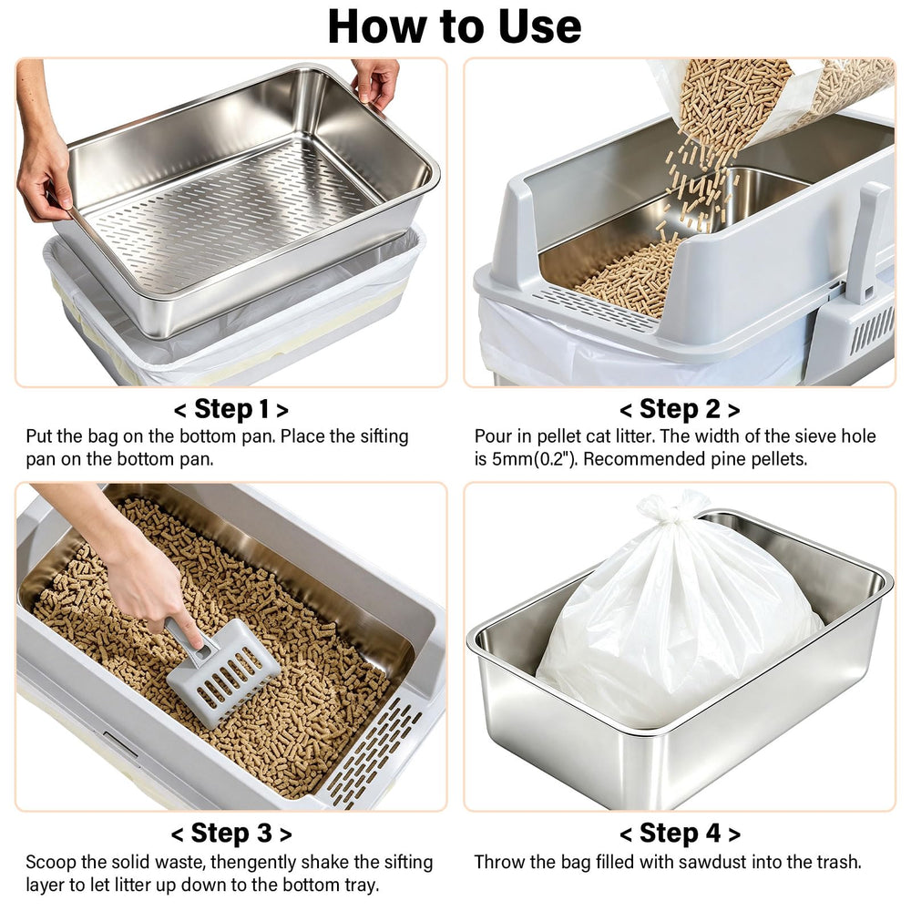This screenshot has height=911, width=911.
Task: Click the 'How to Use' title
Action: [x=455, y=26]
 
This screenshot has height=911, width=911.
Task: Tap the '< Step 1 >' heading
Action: [x=231, y=409]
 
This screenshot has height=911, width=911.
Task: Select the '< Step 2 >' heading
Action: [x=680, y=409]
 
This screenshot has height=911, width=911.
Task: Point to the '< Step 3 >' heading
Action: [x=231, y=834]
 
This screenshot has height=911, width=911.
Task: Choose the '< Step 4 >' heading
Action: [x=680, y=834]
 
